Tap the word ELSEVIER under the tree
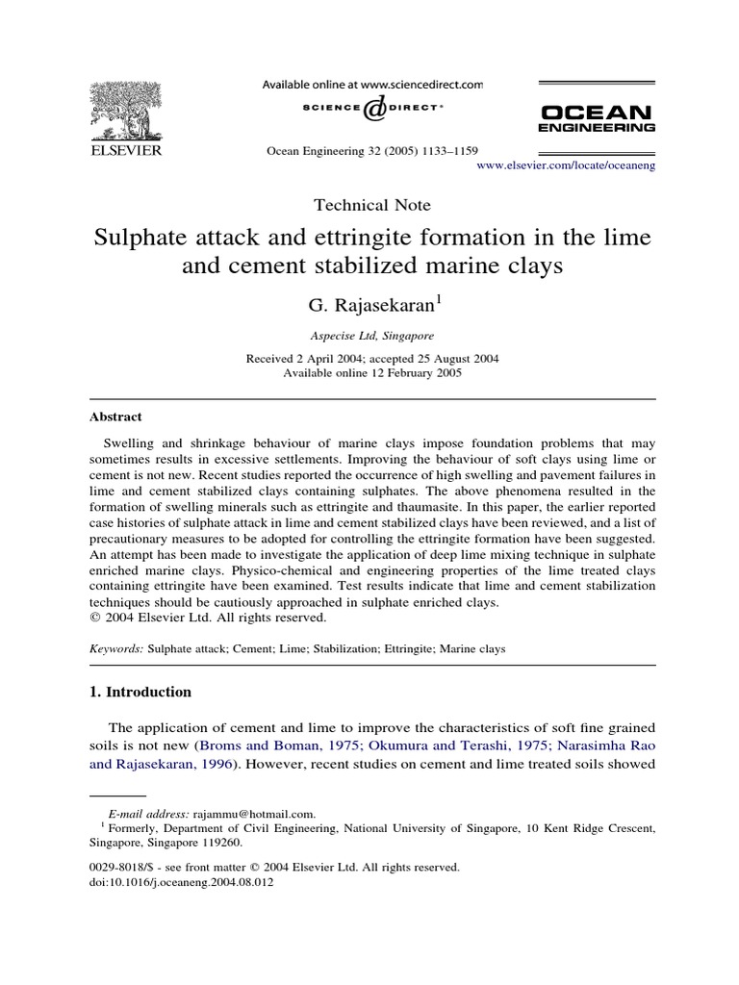tap(126, 151)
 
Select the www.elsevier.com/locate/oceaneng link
tap(566, 165)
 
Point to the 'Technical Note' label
tap(372, 205)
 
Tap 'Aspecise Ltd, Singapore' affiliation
tap(371, 337)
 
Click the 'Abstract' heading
tap(115, 417)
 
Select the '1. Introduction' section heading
tap(140, 692)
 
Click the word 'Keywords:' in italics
tap(116, 649)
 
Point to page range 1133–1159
tap(446, 151)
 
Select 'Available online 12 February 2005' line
tap(371, 373)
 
